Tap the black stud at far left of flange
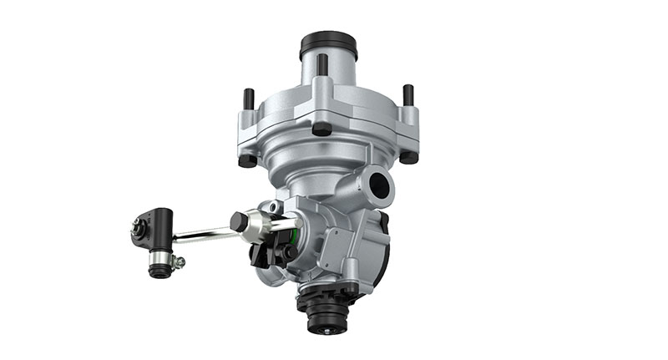tap(246, 99)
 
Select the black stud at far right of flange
tap(408, 95)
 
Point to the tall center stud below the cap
tap(322, 68)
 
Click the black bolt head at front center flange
tap(321, 129)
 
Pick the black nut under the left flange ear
tap(248, 160)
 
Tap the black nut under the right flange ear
tap(408, 155)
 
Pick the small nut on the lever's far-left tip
tap(135, 224)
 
